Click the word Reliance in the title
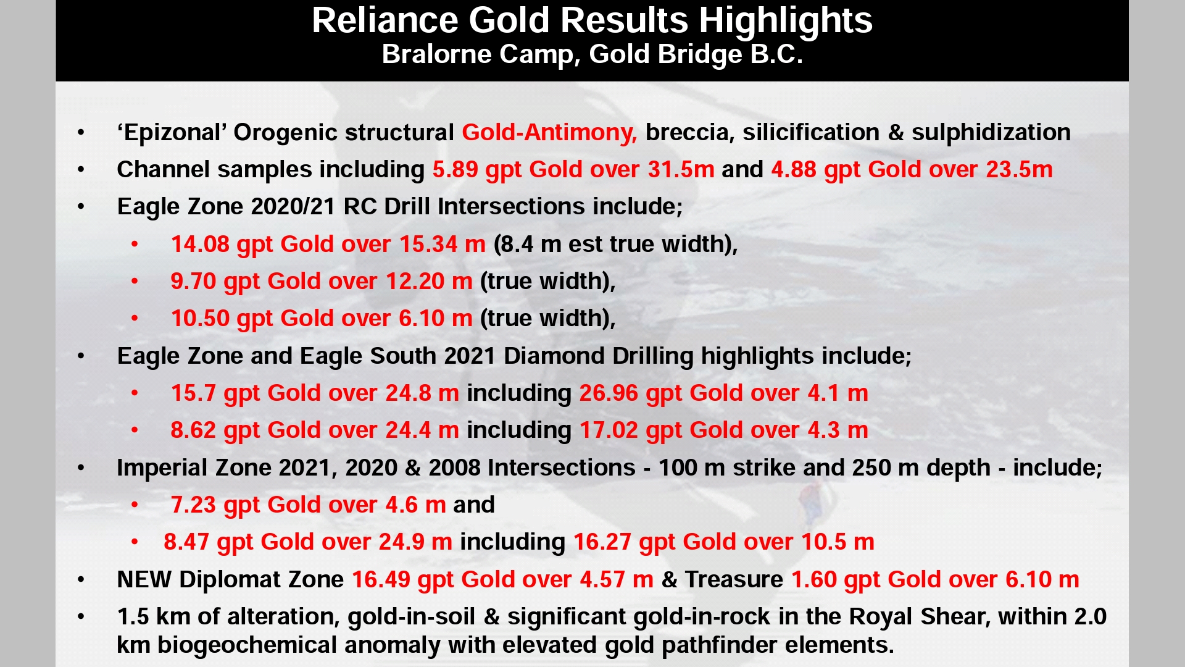tap(385, 20)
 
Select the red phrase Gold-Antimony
tap(549, 133)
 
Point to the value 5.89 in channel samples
tap(455, 170)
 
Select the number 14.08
tap(200, 245)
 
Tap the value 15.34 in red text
tap(428, 245)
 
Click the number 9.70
tap(193, 282)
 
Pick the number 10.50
tap(200, 319)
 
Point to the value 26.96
tap(609, 393)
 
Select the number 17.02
tap(609, 430)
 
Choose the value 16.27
tap(602, 542)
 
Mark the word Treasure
tap(734, 580)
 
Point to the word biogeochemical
tap(247, 645)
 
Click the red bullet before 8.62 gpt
tap(135, 430)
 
